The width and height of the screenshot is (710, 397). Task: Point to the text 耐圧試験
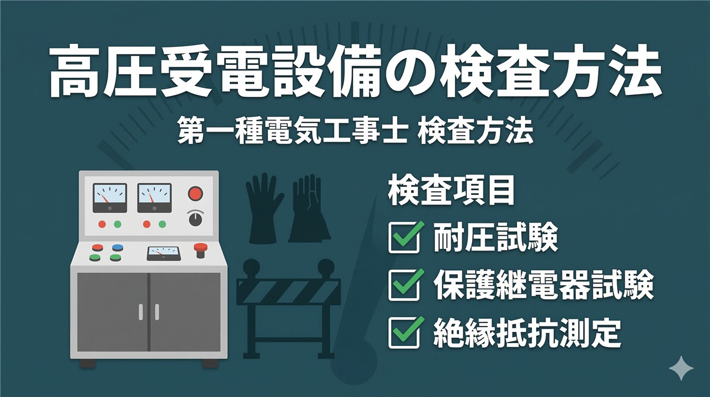coord(496,238)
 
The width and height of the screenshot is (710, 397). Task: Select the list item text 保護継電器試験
coord(544,285)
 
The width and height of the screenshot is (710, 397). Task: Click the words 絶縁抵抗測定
coord(527,333)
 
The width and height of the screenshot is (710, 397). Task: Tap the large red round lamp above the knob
coord(196,194)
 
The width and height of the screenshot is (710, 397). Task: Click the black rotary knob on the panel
coord(196,219)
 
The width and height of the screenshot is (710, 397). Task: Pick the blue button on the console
coord(118,247)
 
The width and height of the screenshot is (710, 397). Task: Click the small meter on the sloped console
coord(163,253)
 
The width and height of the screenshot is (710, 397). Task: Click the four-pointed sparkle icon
coord(681,368)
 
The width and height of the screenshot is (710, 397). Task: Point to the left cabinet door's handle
coord(141,312)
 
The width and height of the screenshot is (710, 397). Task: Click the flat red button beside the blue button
coord(98,247)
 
